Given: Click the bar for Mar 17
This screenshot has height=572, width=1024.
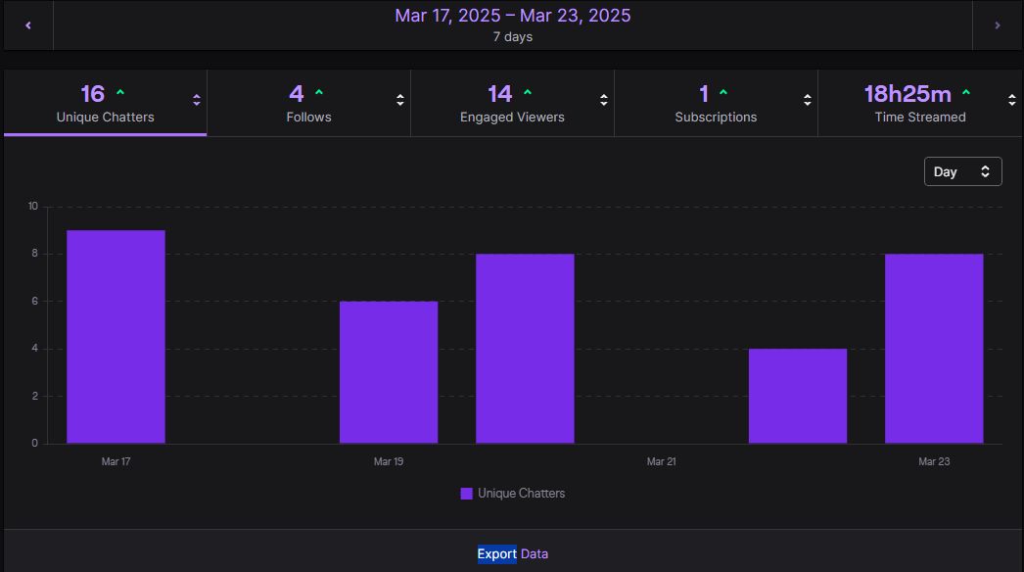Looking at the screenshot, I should (116, 337).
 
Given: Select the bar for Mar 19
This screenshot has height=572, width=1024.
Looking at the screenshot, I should (389, 372).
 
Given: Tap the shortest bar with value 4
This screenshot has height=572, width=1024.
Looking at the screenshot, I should (798, 396).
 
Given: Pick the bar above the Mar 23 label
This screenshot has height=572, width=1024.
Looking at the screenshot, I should (934, 349).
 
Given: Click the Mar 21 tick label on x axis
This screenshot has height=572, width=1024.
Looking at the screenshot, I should (661, 461).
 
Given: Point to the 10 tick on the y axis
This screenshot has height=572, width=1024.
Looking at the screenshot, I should (32, 207).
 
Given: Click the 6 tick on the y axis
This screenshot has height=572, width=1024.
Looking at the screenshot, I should (33, 302).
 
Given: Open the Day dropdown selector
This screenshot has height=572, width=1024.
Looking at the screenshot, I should (962, 171).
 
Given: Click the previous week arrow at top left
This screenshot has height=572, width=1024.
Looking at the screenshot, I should (28, 25).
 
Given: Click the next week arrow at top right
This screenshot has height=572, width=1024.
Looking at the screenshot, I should (998, 25).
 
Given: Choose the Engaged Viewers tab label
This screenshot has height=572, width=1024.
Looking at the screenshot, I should (512, 117).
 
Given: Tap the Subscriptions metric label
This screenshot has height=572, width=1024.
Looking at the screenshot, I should (716, 117).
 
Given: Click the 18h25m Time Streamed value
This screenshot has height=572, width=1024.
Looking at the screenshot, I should (908, 94).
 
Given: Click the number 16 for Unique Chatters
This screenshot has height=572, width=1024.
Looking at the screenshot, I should (92, 94).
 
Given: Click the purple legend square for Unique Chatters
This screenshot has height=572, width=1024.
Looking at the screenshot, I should (467, 494).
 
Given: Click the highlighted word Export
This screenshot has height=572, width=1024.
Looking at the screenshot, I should (496, 554).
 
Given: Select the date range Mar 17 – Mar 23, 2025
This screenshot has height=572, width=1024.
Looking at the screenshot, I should (512, 16).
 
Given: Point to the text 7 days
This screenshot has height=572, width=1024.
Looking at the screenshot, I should (512, 37).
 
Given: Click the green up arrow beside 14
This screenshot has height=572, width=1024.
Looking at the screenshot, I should (528, 93).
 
